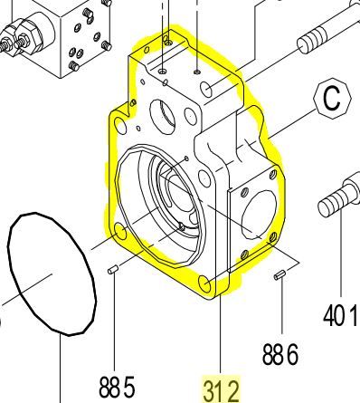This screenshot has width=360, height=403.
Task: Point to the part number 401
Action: [341, 317]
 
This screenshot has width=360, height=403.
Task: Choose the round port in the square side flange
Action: [253, 213]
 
